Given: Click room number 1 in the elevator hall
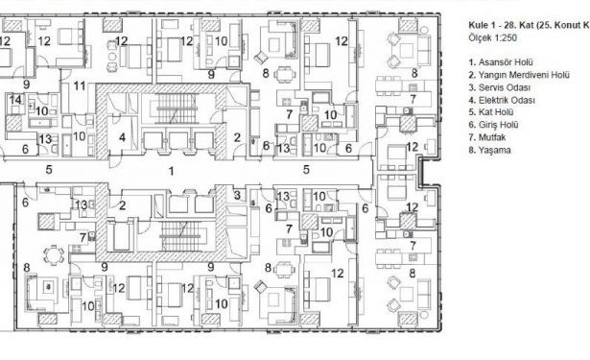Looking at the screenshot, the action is coord(171,171).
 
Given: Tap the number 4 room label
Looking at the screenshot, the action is coord(122,137).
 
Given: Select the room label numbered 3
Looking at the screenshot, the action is coord(237,195).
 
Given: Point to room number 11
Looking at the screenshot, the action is coord(80,86).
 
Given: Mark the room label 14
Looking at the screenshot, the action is coord(15,100).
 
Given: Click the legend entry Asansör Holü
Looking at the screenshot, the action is coord(501,62).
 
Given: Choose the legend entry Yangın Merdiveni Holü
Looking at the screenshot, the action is coord(519,75).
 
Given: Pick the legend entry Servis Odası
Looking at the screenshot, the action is coord(500,87).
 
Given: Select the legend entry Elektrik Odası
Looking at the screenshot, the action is coord(502,100).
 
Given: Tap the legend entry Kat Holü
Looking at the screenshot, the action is coord(491,112).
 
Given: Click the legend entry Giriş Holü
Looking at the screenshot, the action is coord(493,125).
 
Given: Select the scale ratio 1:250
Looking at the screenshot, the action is coord(506,38).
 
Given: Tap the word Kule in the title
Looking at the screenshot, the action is coord(478,25).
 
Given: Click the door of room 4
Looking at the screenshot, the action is coord(114,160).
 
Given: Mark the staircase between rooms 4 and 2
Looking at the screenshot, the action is coord(177,108).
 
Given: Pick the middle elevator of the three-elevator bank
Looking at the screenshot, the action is coord(178,141).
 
